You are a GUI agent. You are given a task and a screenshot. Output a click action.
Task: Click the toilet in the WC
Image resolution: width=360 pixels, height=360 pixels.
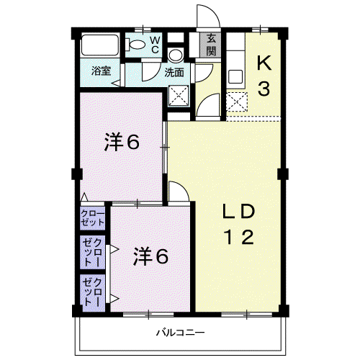coord(135,45)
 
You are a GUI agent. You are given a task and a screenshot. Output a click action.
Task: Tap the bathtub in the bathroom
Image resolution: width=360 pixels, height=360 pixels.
coord(100,45)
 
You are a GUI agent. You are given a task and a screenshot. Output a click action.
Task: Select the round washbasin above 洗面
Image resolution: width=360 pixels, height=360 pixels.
coord(175,55)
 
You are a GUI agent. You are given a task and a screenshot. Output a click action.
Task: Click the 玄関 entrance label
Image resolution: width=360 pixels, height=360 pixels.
coord(211,45)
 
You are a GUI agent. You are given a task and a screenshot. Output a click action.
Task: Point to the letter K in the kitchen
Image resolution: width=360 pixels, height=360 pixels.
coord(264,63)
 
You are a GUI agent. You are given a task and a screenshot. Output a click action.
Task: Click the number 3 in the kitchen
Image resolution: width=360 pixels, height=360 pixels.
coord(264,89)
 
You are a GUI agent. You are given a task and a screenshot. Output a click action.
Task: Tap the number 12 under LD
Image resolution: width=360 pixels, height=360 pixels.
coord(238,237)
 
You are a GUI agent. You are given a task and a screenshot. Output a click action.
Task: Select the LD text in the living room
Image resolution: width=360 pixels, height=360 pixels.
coord(238,211)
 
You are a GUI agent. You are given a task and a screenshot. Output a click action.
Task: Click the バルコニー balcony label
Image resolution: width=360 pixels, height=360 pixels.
coord(181,333)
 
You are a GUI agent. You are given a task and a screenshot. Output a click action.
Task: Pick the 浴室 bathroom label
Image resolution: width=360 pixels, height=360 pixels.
coord(101,71)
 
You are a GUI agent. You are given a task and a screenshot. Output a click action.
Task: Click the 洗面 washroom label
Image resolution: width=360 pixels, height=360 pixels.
coord(174,73)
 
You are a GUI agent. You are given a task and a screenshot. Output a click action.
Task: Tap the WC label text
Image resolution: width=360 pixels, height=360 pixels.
coord(155,45)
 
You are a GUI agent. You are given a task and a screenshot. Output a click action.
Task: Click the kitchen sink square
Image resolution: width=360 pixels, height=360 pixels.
coord(235,76)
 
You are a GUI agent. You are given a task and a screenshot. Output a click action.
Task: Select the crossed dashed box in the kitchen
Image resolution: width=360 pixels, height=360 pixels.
coord(236,102)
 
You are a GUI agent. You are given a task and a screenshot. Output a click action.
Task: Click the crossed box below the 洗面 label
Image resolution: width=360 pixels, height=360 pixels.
coord(179,95)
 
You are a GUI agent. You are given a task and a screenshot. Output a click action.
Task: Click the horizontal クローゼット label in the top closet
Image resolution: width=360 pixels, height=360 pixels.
coord(93,218)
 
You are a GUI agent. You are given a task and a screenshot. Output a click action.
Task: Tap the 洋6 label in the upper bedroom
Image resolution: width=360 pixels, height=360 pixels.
coord(122,142)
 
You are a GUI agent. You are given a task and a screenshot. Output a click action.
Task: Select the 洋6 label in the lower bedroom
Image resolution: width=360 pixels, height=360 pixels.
coord(150,256)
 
